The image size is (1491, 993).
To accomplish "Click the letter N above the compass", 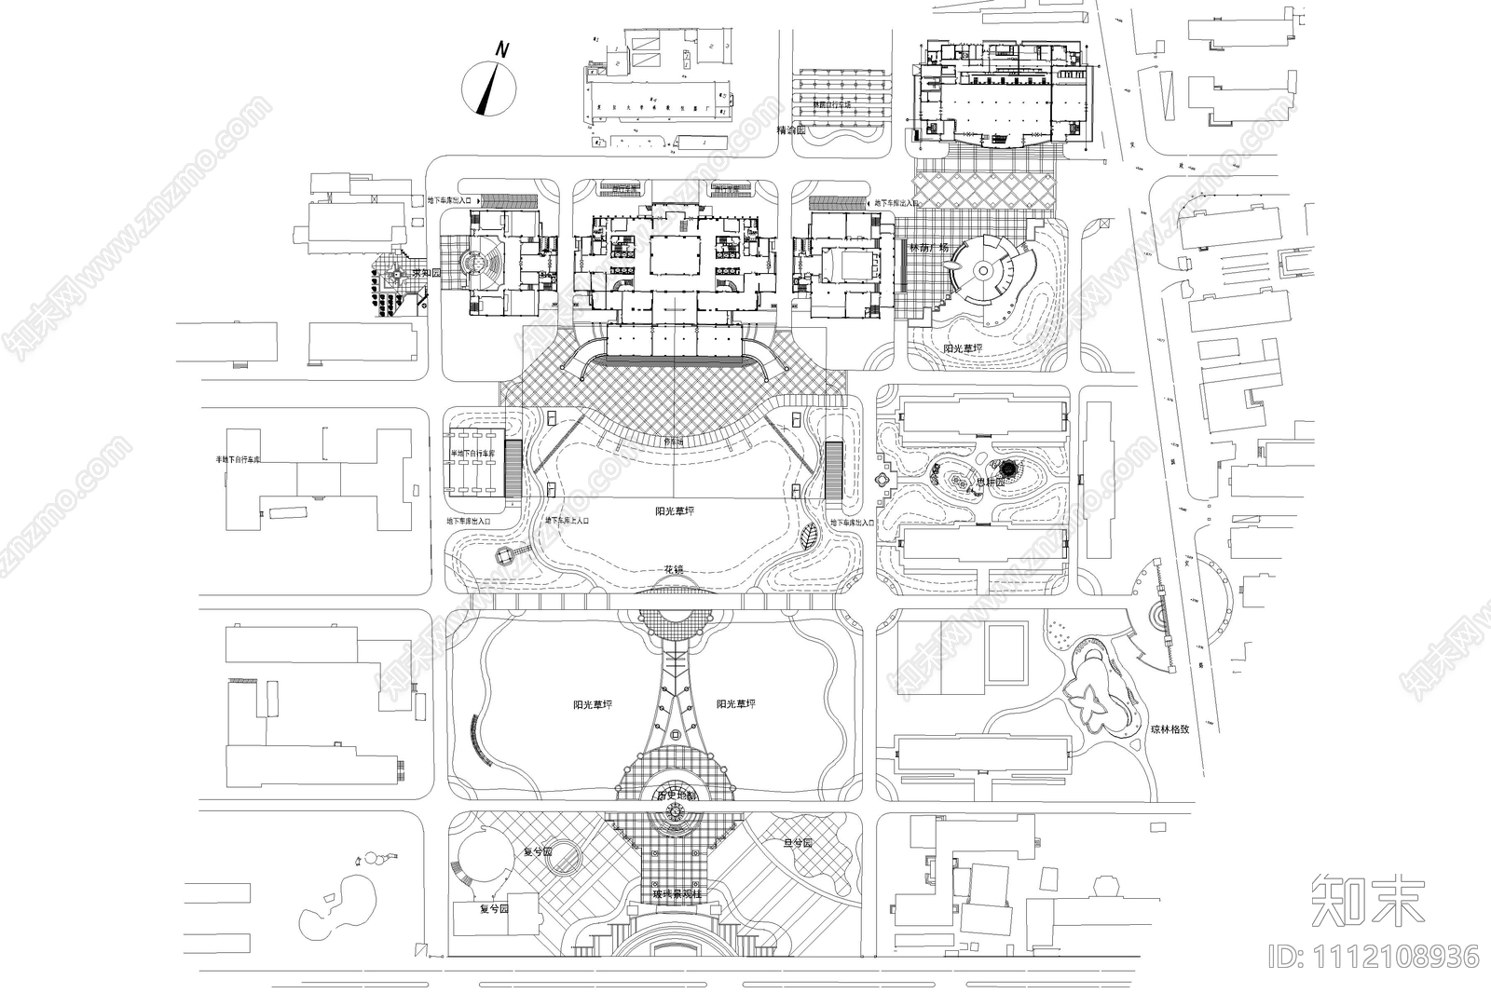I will (x=501, y=50).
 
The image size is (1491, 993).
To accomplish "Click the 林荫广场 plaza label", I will (x=928, y=249).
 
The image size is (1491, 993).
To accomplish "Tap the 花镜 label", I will (x=674, y=569).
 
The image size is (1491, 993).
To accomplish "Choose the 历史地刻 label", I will (x=676, y=796).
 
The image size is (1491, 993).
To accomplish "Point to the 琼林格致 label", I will (x=1169, y=729).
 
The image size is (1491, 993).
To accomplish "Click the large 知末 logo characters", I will (x=1367, y=899).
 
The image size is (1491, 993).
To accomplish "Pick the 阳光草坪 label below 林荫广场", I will (x=963, y=348).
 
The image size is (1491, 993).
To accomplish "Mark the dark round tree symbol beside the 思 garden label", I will (x=1008, y=468).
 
